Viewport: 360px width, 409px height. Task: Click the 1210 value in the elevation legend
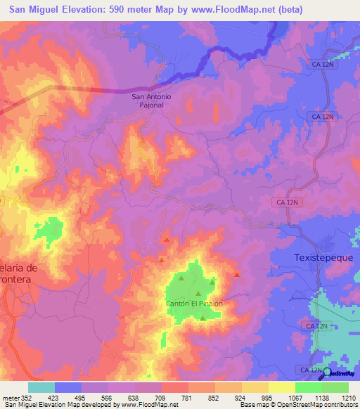[349, 398]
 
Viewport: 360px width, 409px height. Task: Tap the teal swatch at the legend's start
[41, 387]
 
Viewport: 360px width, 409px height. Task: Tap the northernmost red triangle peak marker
[167, 240]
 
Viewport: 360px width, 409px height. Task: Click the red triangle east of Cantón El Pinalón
[237, 273]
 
